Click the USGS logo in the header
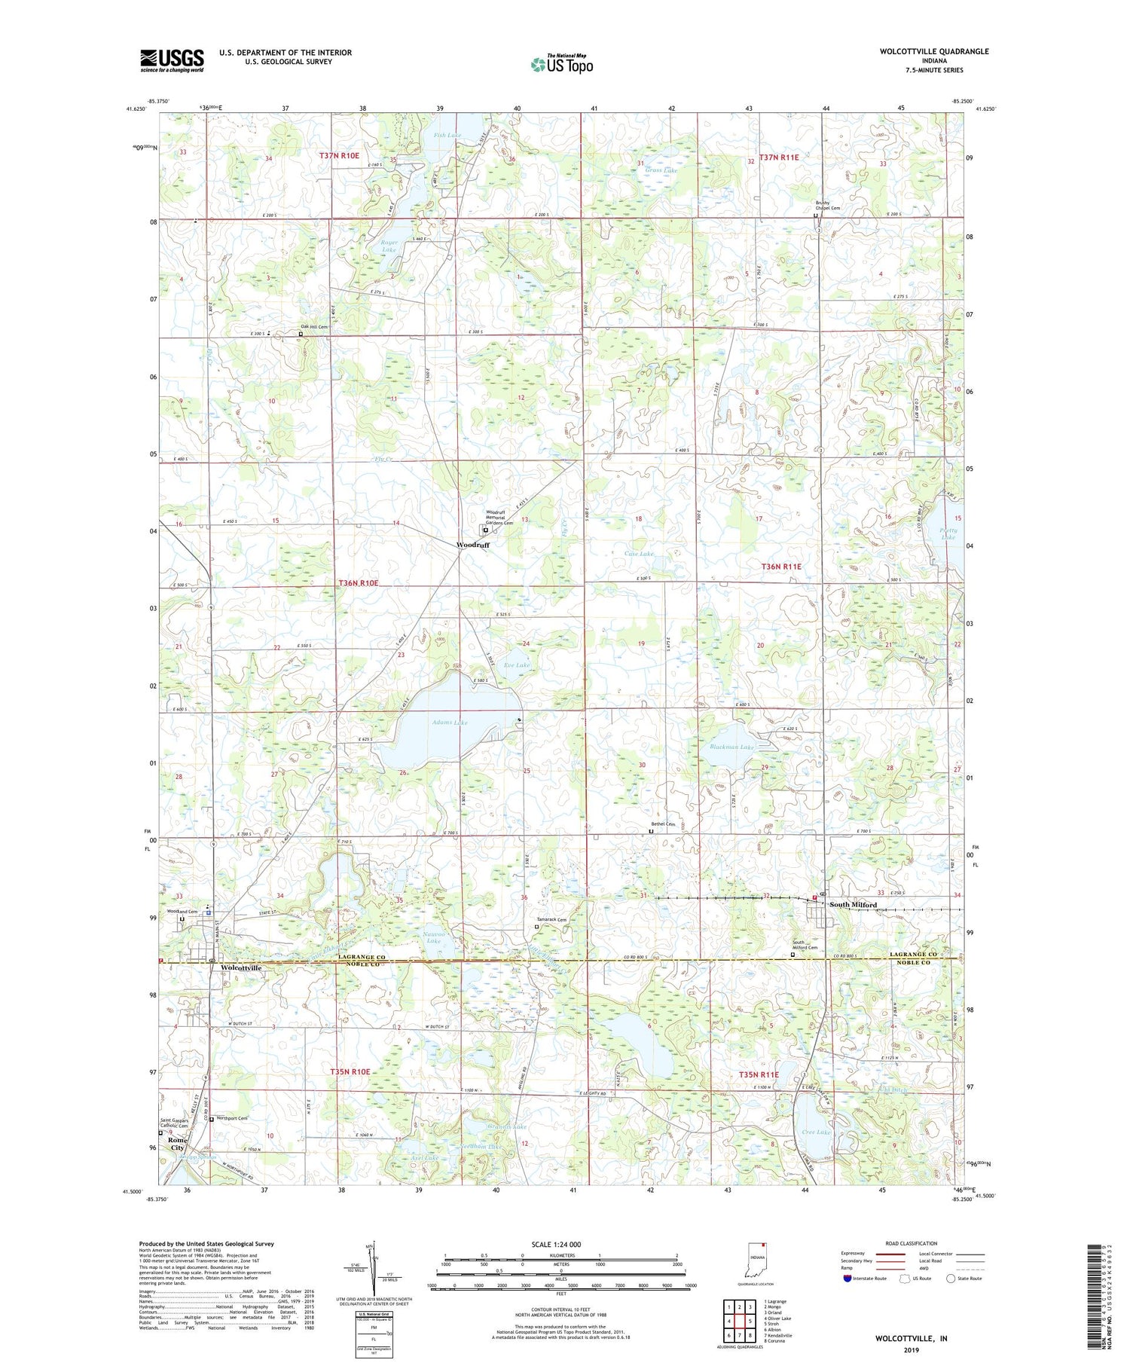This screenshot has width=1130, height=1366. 172,60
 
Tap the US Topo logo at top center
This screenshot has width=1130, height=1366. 562,64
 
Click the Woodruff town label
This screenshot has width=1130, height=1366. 472,545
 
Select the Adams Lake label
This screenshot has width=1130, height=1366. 450,722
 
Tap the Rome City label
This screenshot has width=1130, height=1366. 178,1144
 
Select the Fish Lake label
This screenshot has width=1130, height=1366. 447,136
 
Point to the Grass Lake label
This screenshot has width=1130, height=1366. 661,171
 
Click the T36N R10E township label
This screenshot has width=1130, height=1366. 358,582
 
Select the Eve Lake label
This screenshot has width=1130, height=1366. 517,665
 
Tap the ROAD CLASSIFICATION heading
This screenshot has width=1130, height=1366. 912,1243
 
